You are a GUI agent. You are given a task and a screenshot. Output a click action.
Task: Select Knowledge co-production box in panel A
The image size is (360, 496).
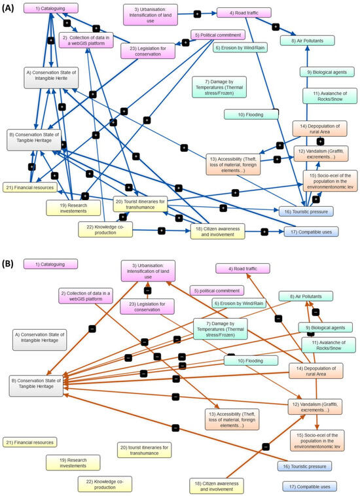110,230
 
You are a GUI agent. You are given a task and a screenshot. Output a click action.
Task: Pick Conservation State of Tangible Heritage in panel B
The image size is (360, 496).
37,386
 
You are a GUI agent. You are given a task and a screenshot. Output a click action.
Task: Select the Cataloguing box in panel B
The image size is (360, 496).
50,264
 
